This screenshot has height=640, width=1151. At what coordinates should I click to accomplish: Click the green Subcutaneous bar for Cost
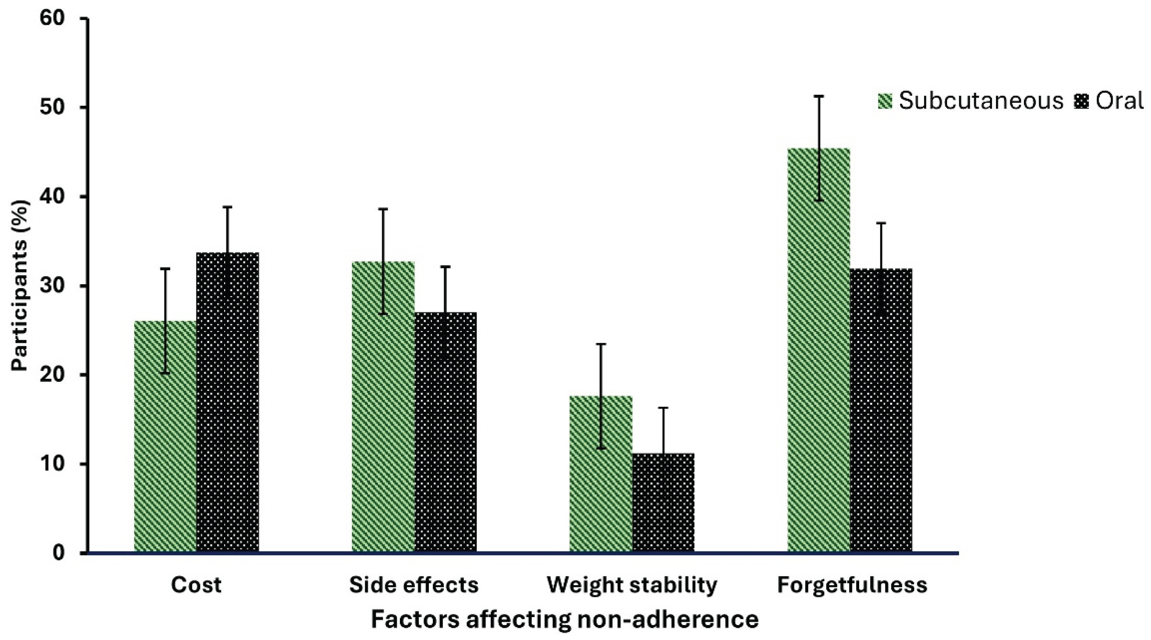point(165,437)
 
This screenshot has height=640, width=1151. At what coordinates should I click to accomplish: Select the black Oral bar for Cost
point(228,403)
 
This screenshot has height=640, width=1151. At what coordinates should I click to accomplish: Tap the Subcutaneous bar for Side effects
point(383,407)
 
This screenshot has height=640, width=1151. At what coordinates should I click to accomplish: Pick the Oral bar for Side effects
point(445,433)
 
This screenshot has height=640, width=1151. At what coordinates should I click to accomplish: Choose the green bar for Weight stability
point(601,474)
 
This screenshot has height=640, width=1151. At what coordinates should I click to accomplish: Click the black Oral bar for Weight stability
point(663,503)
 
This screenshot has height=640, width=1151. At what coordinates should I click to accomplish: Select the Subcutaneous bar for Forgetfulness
point(818,350)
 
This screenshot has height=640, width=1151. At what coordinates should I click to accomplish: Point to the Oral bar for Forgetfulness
point(881,411)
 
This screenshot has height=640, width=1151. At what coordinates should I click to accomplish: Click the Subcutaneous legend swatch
point(885,101)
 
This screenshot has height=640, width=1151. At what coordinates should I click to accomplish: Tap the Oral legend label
point(1119,101)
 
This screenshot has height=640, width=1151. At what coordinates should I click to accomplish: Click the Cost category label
point(196,585)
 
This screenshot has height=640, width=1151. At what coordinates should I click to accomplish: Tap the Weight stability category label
point(632,585)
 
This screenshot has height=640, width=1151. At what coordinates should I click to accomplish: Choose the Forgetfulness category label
point(852,585)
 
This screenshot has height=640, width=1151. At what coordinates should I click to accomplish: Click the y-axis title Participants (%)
point(20,286)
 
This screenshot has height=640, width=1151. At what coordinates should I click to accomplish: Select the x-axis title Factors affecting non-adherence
point(565,620)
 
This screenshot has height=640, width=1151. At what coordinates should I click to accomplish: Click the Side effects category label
point(414,585)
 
